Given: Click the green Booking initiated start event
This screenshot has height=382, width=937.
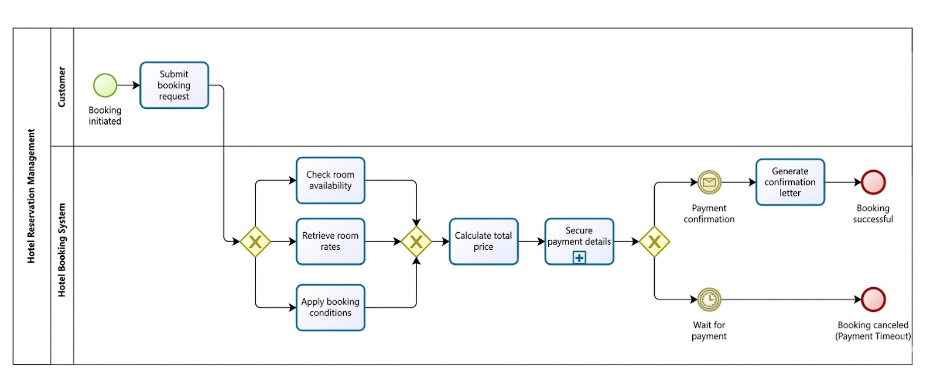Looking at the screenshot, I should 105,85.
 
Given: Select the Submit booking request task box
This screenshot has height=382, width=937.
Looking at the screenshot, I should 174,85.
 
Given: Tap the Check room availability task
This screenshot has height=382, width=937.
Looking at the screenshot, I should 330,180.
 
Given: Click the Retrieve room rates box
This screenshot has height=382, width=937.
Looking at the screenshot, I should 330,241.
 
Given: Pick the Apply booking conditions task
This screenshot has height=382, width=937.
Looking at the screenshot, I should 330,307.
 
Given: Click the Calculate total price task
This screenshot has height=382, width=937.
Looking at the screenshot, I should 483,241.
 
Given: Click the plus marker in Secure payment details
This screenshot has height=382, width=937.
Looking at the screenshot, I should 579,257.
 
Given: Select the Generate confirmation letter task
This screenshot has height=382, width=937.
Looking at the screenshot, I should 789,182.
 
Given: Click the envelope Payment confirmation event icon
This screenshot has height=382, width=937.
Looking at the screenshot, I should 709,183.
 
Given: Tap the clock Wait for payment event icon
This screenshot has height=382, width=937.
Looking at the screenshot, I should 709,300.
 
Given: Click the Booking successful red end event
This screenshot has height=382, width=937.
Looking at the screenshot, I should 873,183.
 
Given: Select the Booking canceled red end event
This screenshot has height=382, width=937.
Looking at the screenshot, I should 873,300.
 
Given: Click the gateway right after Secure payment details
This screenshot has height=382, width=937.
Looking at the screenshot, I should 654,241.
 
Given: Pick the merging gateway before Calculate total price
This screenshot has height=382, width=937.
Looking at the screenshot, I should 416,241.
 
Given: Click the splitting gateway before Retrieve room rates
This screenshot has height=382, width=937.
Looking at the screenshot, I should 255,241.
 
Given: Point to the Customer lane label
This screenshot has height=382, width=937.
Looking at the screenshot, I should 61,87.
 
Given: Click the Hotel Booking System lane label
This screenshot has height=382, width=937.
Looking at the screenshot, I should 61,250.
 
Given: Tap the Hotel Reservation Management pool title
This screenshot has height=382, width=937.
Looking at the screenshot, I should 32,196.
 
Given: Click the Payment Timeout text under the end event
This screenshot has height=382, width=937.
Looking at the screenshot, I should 873,336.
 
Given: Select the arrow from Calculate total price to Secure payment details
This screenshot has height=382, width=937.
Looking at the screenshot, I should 531,241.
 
